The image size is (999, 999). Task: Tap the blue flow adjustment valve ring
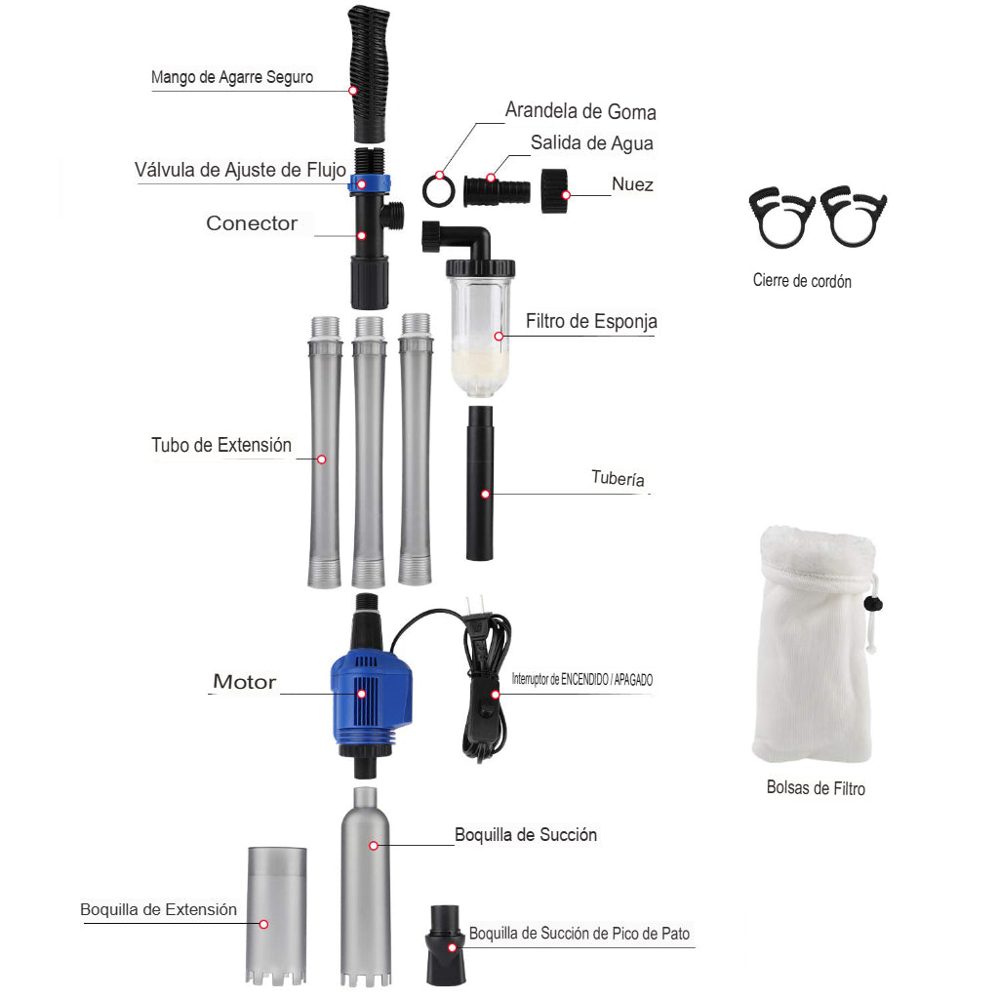[369, 184]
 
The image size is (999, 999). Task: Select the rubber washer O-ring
[438, 190]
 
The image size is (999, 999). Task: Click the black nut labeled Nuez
[554, 190]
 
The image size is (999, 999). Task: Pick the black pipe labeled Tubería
[480, 483]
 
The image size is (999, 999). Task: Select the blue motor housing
[370, 696]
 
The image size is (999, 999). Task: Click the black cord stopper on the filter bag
[872, 603]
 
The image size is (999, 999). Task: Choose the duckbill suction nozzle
[445, 944]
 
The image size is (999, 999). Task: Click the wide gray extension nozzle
[276, 915]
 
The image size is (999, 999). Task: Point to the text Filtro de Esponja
[591, 321]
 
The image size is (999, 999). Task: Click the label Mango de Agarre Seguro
[232, 77]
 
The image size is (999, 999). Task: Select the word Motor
[245, 682]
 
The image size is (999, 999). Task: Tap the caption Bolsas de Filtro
[816, 788]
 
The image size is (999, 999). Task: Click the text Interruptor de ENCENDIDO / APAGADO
[582, 679]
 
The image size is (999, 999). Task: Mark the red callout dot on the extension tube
[322, 460]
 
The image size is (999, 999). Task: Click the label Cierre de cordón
[802, 280]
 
